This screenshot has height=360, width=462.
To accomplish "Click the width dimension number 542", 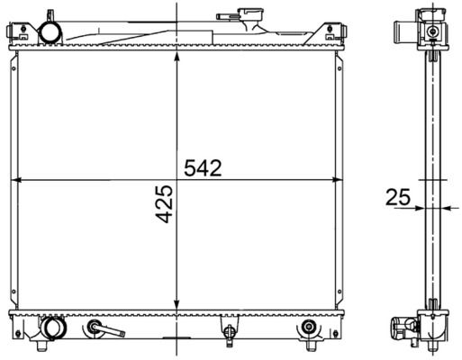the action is [203, 167].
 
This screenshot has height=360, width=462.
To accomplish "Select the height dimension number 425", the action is [166, 204].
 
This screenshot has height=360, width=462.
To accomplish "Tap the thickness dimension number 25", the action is [398, 197].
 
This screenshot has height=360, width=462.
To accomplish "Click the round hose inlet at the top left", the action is [50, 33].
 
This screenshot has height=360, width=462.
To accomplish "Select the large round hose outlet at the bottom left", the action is [54, 328].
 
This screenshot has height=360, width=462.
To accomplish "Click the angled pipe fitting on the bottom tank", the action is [105, 328].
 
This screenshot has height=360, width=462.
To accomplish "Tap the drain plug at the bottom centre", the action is [230, 333].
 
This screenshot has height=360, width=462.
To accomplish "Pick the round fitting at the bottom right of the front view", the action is [308, 327].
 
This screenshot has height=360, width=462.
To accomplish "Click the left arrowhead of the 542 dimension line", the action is [15, 180].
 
